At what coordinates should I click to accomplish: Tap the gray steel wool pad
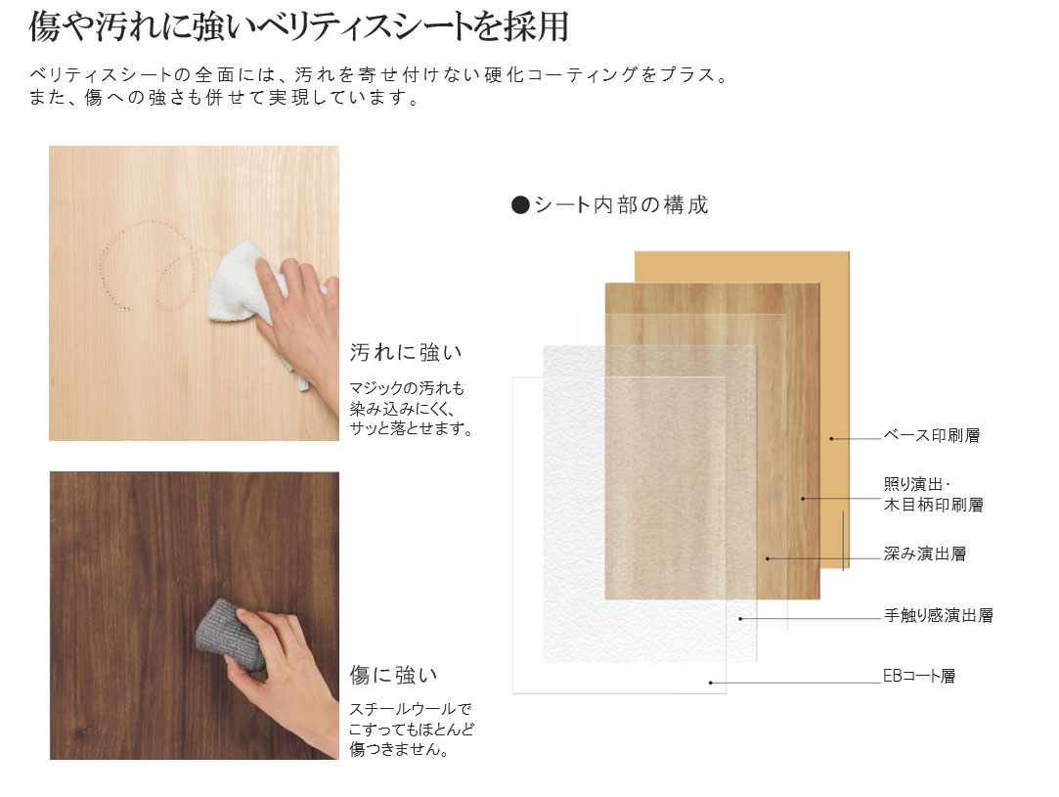tap(231, 635)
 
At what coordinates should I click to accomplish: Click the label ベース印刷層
tap(931, 435)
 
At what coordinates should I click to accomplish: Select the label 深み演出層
tap(925, 553)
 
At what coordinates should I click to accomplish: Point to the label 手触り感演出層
tap(938, 615)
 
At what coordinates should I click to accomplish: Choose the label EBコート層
tap(919, 676)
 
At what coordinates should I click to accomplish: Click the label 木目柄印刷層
tap(934, 505)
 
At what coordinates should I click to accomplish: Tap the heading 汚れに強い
tap(406, 352)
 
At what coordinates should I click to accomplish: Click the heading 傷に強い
tap(394, 675)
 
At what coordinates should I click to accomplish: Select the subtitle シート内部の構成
tap(621, 204)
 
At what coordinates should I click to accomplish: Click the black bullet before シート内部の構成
tap(520, 205)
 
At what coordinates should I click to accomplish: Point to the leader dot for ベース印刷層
tap(831, 438)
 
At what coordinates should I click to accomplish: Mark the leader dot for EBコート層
tap(711, 683)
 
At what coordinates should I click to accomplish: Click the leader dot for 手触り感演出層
tap(741, 619)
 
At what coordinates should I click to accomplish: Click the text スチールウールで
tap(411, 709)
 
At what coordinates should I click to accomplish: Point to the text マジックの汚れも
tap(407, 388)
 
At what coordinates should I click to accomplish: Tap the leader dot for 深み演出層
tap(768, 558)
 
